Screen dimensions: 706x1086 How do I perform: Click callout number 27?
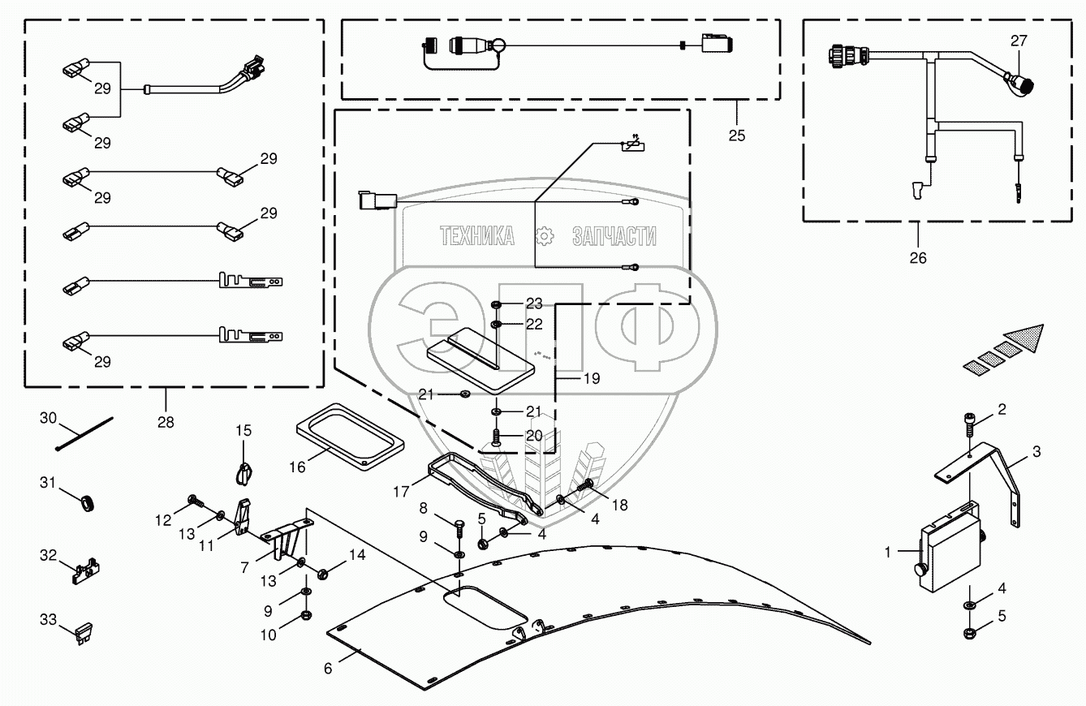(x=1019, y=40)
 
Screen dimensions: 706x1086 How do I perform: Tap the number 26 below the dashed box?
(x=918, y=258)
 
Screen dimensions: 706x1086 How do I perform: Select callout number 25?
(x=736, y=136)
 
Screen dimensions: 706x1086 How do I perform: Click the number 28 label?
(x=166, y=422)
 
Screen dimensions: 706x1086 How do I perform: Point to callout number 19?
(x=592, y=378)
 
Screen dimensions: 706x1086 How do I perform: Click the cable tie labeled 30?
(x=84, y=435)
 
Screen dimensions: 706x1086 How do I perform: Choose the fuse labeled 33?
(x=84, y=632)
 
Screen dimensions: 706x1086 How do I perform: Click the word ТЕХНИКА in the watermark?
(x=477, y=236)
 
